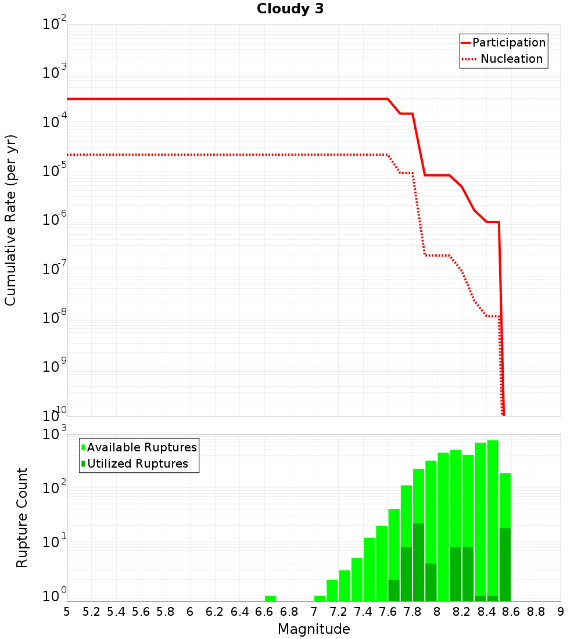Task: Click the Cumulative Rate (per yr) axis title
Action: point(10,220)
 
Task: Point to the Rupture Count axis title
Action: point(21,518)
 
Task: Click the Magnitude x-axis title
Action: point(314,629)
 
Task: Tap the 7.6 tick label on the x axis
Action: point(388,612)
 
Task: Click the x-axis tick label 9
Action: point(560,612)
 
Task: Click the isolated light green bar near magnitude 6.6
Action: point(270,598)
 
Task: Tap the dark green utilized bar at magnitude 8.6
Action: point(505,564)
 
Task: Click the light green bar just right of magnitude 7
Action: point(320,598)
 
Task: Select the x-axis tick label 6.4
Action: point(239,612)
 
